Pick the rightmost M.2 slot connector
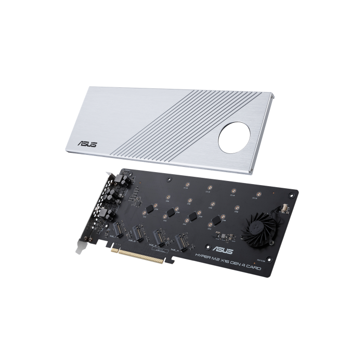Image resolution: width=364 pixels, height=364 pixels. tap(183, 240)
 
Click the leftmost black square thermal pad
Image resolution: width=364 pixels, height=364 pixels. tap(151, 207)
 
